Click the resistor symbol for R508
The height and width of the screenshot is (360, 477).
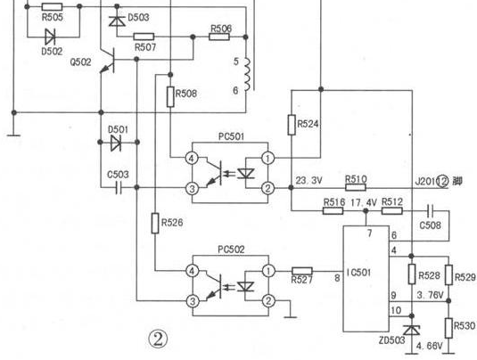170,97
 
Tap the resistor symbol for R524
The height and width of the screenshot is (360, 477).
292,125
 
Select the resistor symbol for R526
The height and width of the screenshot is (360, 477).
155,223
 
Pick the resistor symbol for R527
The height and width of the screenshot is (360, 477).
301,271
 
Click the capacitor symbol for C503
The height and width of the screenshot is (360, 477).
119,188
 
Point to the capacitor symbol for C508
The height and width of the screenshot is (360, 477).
431,210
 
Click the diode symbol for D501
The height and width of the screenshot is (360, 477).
116,143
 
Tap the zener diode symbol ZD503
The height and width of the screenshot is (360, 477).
412,330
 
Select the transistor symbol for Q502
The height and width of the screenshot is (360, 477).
108,61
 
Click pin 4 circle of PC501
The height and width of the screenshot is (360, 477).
192,158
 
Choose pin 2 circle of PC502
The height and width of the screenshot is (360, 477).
268,301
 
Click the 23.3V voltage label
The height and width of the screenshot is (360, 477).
308,180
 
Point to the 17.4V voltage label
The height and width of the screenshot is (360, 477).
364,202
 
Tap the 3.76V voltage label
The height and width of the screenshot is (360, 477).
430,295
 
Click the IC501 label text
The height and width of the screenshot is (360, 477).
359,272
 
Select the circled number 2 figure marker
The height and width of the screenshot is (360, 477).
158,340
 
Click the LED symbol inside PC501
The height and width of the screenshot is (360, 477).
245,173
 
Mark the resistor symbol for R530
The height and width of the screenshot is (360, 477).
448,328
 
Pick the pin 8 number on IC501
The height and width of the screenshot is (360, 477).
337,278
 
